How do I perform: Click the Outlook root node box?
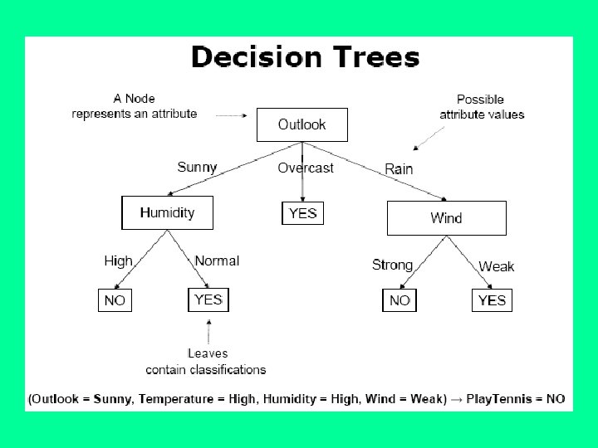pos(301,124)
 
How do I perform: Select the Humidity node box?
pos(168,212)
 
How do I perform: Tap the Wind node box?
pos(446,218)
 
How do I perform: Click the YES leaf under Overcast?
pos(302,213)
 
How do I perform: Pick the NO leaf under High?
pos(115,299)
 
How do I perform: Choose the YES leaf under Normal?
pos(208,299)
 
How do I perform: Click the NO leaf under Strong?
pos(399,299)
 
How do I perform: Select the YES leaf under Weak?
pos(492,299)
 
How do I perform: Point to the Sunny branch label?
pos(197,167)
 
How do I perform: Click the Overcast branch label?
pos(306,168)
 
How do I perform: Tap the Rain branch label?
pos(399,168)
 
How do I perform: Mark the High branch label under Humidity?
pos(118,261)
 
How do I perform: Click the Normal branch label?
pos(217,261)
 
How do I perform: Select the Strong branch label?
pos(392,265)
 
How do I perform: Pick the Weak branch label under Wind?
pos(497,266)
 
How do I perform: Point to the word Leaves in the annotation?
pos(208,353)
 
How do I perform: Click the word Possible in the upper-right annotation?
pos(480,100)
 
